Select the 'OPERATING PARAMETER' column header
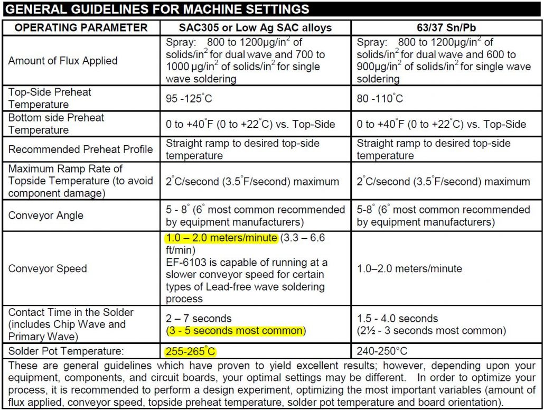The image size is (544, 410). pyautogui.click(x=81, y=27)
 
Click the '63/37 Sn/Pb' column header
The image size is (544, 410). pyautogui.click(x=447, y=27)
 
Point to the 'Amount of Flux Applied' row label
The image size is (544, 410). pyautogui.click(x=62, y=61)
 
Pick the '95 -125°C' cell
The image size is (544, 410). pyautogui.click(x=189, y=99)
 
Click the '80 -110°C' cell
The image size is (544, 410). pyautogui.click(x=380, y=99)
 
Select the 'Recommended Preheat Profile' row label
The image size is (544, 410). pyautogui.click(x=80, y=150)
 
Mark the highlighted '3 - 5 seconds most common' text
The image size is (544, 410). pyautogui.click(x=236, y=331)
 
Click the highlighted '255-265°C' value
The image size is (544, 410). pyautogui.click(x=191, y=351)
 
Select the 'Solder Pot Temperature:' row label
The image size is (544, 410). pyautogui.click(x=62, y=351)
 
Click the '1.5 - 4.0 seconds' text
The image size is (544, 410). pyautogui.click(x=398, y=319)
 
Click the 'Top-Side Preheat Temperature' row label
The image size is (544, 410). pyautogui.click(x=50, y=98)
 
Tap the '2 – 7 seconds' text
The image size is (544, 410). pyautogui.click(x=199, y=319)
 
